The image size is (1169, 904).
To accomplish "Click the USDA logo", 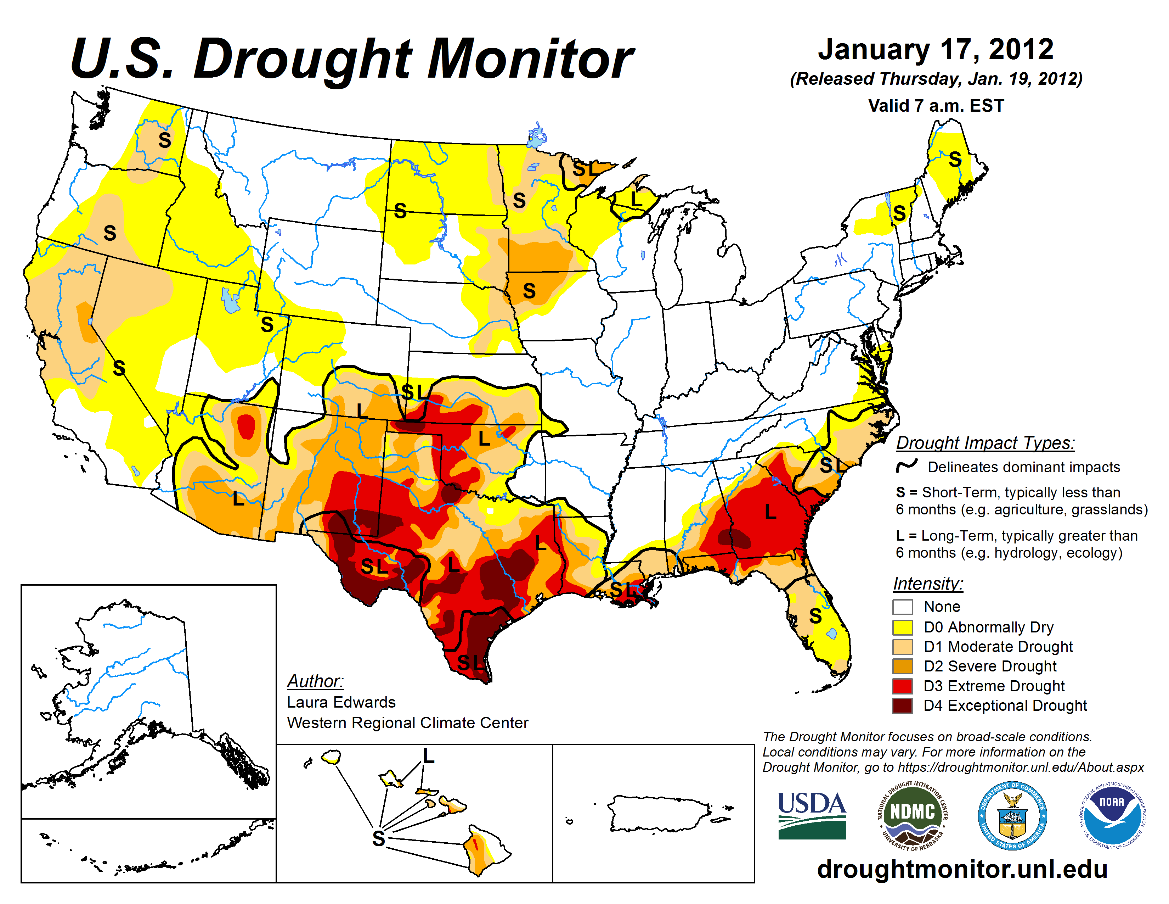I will [x=812, y=815].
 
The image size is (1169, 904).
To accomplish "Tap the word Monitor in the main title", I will [x=530, y=59].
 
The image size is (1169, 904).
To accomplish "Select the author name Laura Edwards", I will [x=341, y=702].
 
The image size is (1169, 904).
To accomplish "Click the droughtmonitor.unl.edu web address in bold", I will [x=962, y=869].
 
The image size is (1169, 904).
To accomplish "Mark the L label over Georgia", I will [x=770, y=512].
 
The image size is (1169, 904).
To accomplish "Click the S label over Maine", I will [x=955, y=159].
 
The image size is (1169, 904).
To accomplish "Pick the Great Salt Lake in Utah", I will [x=230, y=300].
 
